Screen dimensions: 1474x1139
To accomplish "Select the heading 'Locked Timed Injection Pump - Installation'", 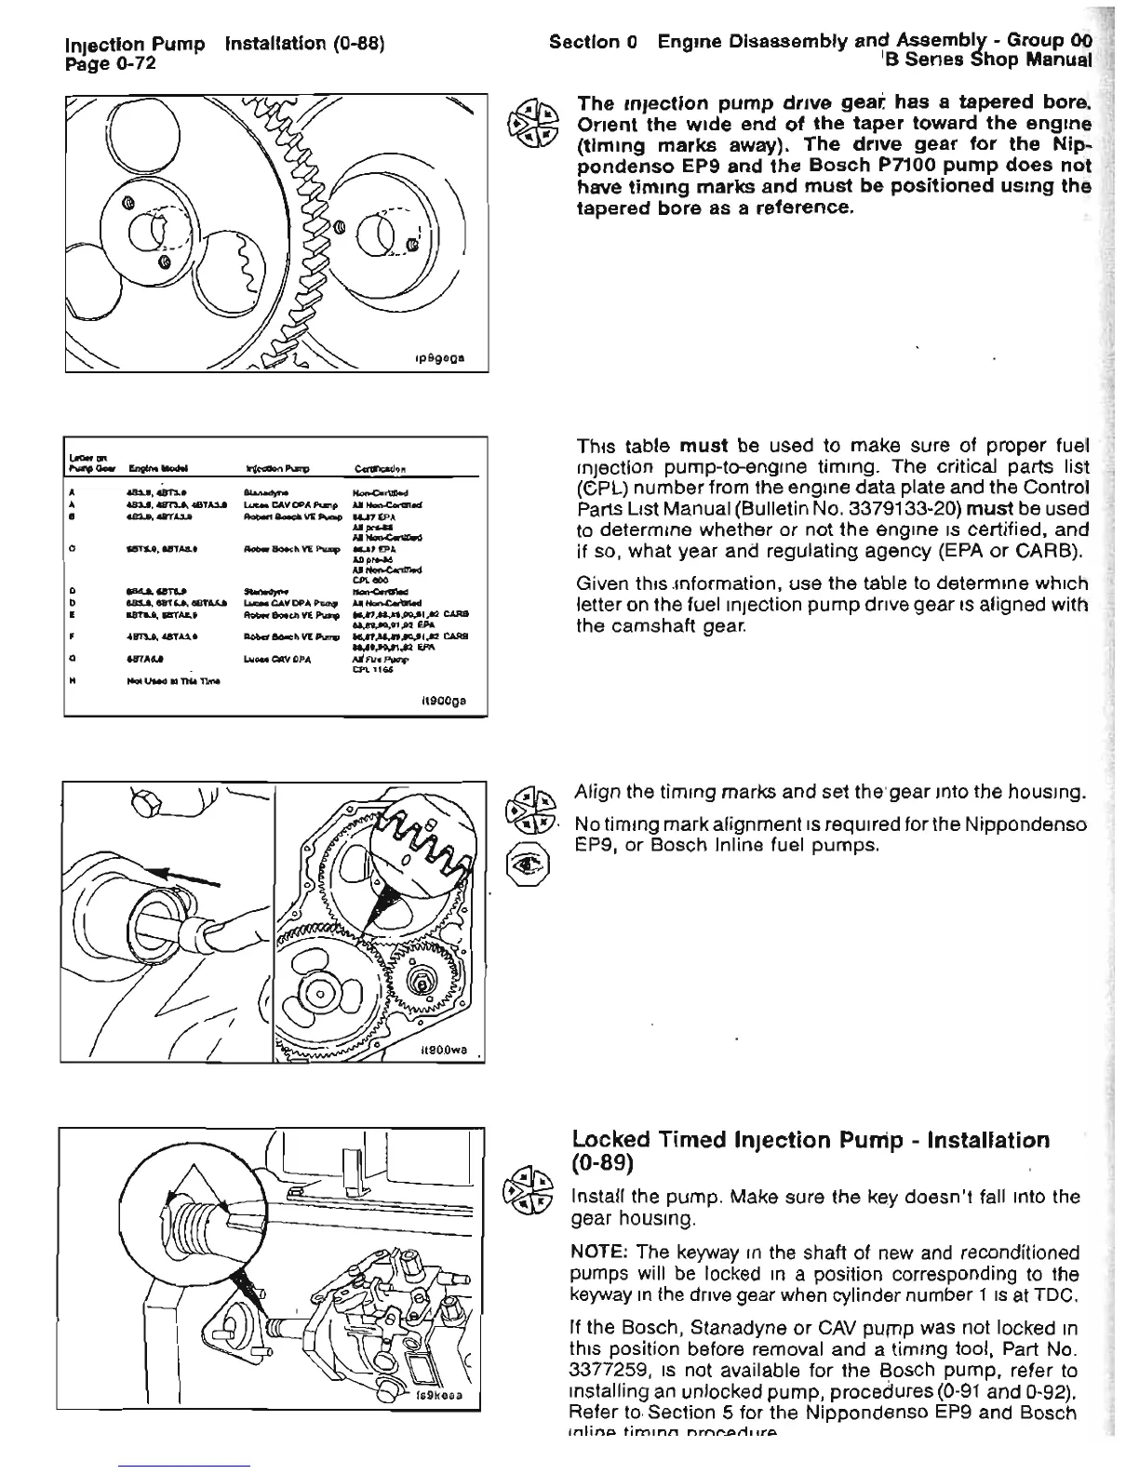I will click(811, 1140).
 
